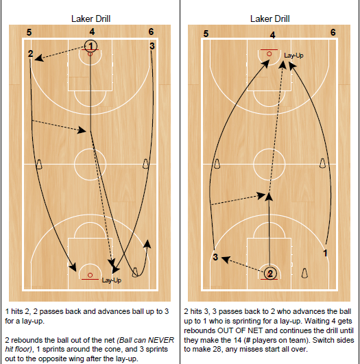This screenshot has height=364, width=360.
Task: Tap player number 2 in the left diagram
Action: click(30, 53)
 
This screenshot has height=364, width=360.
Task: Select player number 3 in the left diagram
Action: click(152, 45)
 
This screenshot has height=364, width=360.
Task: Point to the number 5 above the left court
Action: click(29, 32)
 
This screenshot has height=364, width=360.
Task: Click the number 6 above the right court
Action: click(333, 32)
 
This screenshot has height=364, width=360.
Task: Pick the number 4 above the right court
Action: click(272, 34)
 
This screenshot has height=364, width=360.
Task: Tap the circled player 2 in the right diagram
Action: click(270, 273)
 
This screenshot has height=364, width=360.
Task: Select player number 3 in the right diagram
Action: click(215, 257)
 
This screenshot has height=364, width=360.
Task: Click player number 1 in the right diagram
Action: click(325, 252)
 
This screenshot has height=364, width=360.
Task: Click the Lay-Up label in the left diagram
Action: click(111, 280)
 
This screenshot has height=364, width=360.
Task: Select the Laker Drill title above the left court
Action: click(91, 19)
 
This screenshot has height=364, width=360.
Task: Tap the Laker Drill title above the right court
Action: click(272, 19)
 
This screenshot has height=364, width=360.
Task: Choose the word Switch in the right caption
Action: click(326, 339)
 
